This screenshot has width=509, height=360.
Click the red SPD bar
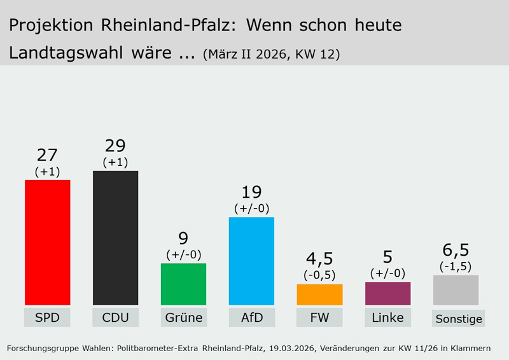pyautogui.click(x=47, y=242)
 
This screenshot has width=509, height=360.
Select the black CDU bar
pyautogui.click(x=115, y=238)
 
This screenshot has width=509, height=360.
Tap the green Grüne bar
pyautogui.click(x=183, y=284)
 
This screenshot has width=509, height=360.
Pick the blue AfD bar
pyautogui.click(x=251, y=261)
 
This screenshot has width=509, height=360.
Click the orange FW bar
pyautogui.click(x=319, y=294)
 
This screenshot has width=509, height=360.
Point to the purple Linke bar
pyautogui.click(x=387, y=293)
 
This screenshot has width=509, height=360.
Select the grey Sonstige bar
pyautogui.click(x=456, y=290)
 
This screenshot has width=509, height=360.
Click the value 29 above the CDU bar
pyautogui.click(x=115, y=146)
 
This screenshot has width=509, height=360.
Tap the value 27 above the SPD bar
pyautogui.click(x=47, y=155)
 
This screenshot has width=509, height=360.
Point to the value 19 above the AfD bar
pyautogui.click(x=251, y=192)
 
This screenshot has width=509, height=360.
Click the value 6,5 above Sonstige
pyautogui.click(x=456, y=249)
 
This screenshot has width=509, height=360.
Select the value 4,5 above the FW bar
pyautogui.click(x=319, y=259)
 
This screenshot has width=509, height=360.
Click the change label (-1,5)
pyautogui.click(x=456, y=266)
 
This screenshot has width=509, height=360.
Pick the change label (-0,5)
pyautogui.click(x=319, y=275)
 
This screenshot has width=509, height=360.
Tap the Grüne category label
pyautogui.click(x=183, y=317)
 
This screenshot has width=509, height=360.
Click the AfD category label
pyautogui.click(x=251, y=317)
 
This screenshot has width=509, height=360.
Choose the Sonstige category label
pyautogui.click(x=459, y=319)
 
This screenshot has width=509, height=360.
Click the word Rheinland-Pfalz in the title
pyautogui.click(x=167, y=25)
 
